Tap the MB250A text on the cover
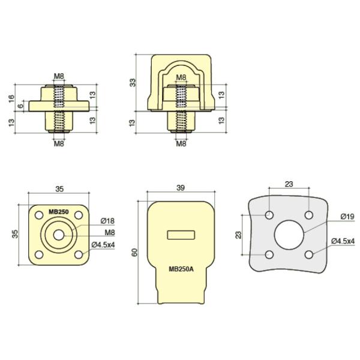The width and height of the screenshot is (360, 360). (x=181, y=269)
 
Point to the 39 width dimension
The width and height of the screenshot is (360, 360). (x=181, y=188)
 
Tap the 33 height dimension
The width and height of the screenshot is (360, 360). (x=133, y=83)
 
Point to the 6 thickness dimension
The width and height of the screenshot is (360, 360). (x=20, y=106)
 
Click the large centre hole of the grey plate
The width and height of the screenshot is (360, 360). (x=289, y=234)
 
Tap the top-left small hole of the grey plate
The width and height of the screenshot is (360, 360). (x=270, y=215)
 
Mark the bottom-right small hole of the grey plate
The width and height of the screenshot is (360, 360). (x=308, y=254)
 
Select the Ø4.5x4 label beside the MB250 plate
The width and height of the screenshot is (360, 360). (x=103, y=244)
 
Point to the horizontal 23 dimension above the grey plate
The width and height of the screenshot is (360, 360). (x=289, y=184)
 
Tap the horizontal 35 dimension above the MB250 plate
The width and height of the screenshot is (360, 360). (x=59, y=188)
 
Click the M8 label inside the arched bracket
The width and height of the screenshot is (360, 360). (x=181, y=76)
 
